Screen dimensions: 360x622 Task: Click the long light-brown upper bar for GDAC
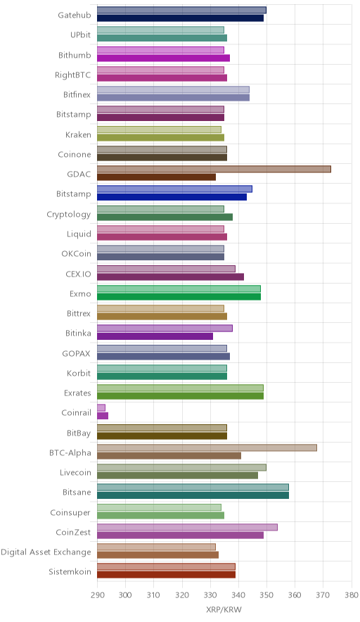tap(214, 170)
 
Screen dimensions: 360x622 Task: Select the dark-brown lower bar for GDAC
tap(157, 177)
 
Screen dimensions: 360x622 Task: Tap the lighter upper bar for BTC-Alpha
tap(207, 448)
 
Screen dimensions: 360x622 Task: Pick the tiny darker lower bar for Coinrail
tap(103, 416)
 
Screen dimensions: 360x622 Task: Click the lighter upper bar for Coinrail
tap(101, 408)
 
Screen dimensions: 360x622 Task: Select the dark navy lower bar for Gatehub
tap(181, 18)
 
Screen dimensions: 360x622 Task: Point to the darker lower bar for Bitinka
tap(155, 336)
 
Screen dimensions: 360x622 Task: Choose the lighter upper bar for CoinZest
tap(187, 527)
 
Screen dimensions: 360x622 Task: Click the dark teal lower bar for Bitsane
tap(193, 495)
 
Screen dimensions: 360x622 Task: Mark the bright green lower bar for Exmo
tap(179, 297)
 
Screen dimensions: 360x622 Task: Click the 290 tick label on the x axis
tap(97, 595)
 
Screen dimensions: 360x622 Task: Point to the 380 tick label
tap(352, 595)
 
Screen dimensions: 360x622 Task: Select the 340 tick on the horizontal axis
tap(238, 595)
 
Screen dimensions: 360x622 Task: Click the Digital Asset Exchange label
tap(46, 552)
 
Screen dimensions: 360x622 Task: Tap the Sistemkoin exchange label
tap(70, 571)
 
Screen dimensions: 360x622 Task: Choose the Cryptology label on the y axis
tap(69, 215)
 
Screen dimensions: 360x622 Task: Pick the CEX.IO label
tap(78, 274)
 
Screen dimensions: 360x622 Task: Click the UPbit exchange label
tap(80, 35)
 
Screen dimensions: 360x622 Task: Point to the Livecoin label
tap(75, 472)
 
